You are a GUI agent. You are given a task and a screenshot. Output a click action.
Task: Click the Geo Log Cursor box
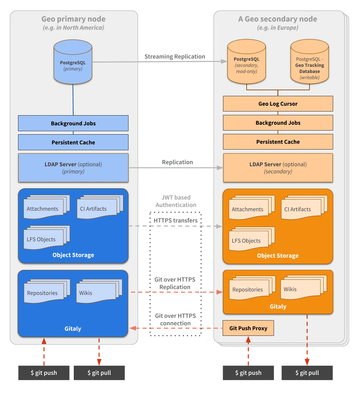278,104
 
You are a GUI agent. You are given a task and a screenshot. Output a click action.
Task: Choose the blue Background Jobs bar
73,123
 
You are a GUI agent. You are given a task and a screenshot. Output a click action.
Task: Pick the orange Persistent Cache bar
278,142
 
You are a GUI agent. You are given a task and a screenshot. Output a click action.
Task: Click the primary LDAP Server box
73,168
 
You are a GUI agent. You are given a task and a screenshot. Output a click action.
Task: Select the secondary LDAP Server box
278,168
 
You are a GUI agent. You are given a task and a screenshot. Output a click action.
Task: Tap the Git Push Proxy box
248,328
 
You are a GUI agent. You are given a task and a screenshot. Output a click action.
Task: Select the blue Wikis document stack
97,292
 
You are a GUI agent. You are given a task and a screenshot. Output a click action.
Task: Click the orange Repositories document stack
250,289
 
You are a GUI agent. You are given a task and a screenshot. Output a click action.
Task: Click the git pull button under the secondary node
307,373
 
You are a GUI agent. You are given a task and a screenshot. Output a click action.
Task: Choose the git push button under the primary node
44,373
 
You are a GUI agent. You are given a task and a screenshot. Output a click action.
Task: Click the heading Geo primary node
73,19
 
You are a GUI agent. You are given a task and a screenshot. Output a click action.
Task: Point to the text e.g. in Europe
278,28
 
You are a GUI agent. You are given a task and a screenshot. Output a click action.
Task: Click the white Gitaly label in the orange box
278,306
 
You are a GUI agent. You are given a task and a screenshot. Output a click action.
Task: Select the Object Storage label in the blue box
73,255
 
